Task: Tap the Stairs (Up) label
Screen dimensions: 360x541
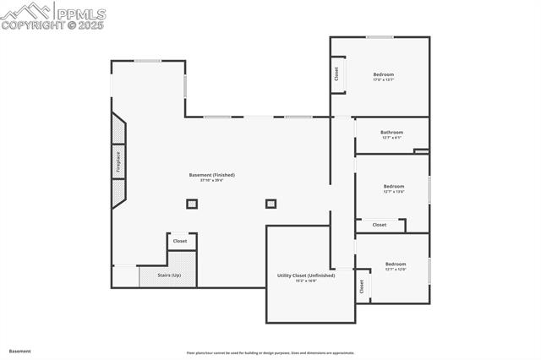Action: [x=169, y=275]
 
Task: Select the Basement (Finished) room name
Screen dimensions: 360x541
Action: [x=211, y=175]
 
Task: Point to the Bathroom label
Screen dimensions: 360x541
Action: [x=391, y=132]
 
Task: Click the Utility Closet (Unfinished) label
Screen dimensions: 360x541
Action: [x=306, y=275]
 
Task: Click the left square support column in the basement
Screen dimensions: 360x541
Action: [x=192, y=204]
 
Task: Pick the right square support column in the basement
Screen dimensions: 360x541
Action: [x=270, y=204]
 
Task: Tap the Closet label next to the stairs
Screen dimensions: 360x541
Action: [x=180, y=241]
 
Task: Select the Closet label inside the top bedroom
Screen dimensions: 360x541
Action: [x=336, y=74]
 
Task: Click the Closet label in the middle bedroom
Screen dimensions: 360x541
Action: [x=380, y=225]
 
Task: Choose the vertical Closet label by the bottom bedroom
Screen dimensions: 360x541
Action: [x=362, y=286]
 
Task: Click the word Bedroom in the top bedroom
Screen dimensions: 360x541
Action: [x=384, y=74]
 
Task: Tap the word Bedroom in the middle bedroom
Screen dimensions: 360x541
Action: [x=394, y=186]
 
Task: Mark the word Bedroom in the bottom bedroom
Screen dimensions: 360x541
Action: [x=396, y=264]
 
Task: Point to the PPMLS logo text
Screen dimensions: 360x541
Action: [x=80, y=14]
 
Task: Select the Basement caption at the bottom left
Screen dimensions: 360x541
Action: [x=20, y=351]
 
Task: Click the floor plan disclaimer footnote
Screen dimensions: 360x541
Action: [x=270, y=353]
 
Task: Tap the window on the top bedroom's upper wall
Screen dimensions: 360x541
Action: [x=380, y=36]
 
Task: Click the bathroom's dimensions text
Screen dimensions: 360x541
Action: [x=391, y=138]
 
